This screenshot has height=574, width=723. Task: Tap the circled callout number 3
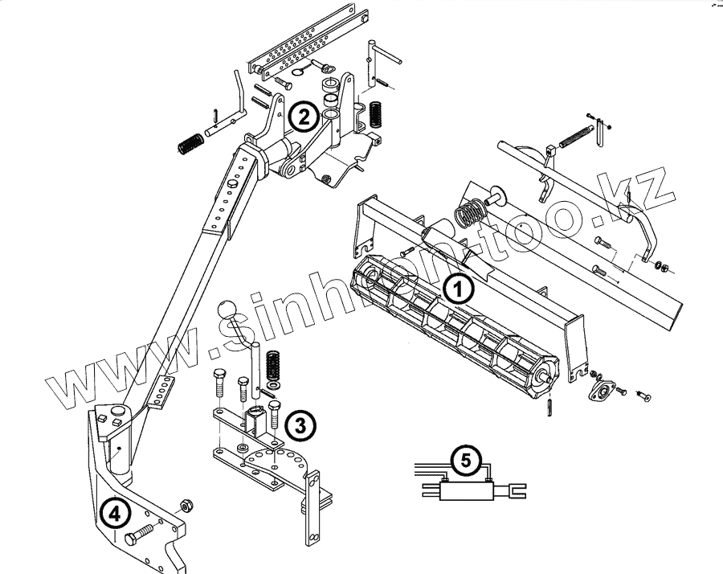pos(298,424)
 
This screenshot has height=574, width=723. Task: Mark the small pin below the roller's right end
pos(550,407)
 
